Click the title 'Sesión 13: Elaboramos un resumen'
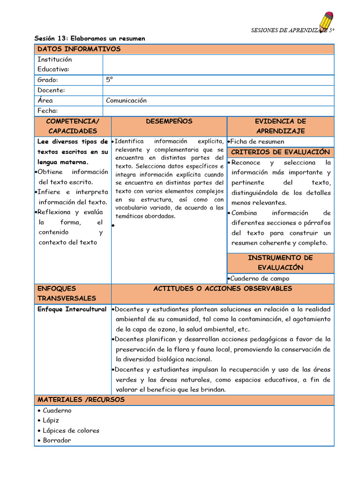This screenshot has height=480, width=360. pyautogui.click(x=90, y=38)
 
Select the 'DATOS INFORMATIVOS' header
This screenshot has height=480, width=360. pyautogui.click(x=79, y=49)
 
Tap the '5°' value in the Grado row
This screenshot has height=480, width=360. pyautogui.click(x=110, y=80)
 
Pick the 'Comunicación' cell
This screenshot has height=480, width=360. pyautogui.click(x=126, y=100)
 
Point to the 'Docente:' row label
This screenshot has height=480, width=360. pyautogui.click(x=51, y=90)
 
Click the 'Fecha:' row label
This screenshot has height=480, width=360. pyautogui.click(x=48, y=111)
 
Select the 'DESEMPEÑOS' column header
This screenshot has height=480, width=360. pyautogui.click(x=169, y=121)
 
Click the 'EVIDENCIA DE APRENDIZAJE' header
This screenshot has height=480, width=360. pyautogui.click(x=280, y=126)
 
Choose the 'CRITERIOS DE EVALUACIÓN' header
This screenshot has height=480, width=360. pyautogui.click(x=280, y=152)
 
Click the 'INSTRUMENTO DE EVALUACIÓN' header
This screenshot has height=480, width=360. pyautogui.click(x=280, y=262)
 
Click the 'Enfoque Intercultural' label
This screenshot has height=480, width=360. pyautogui.click(x=72, y=309)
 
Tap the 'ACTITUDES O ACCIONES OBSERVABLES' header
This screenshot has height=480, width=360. pyautogui.click(x=223, y=289)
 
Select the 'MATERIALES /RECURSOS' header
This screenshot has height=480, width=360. pyautogui.click(x=81, y=400)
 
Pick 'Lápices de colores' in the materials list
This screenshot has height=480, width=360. pyautogui.click(x=71, y=430)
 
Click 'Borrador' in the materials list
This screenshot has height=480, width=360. pyautogui.click(x=57, y=440)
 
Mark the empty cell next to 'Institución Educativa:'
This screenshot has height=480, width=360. pyautogui.click(x=218, y=65)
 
